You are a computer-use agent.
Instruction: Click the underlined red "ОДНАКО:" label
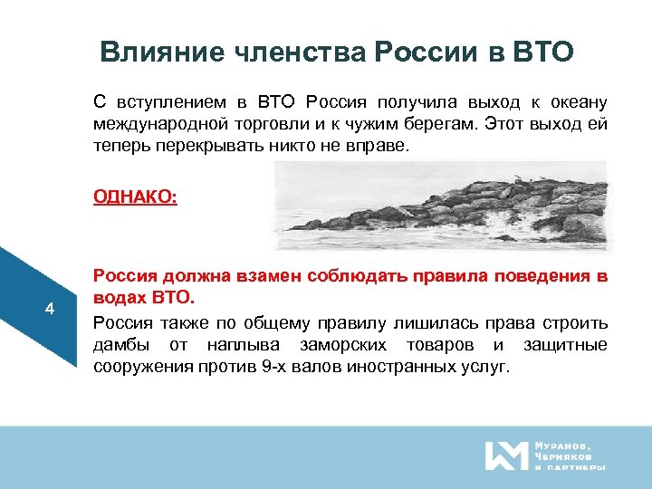pos(135,196)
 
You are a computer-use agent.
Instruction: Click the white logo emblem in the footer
pos(505,455)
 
